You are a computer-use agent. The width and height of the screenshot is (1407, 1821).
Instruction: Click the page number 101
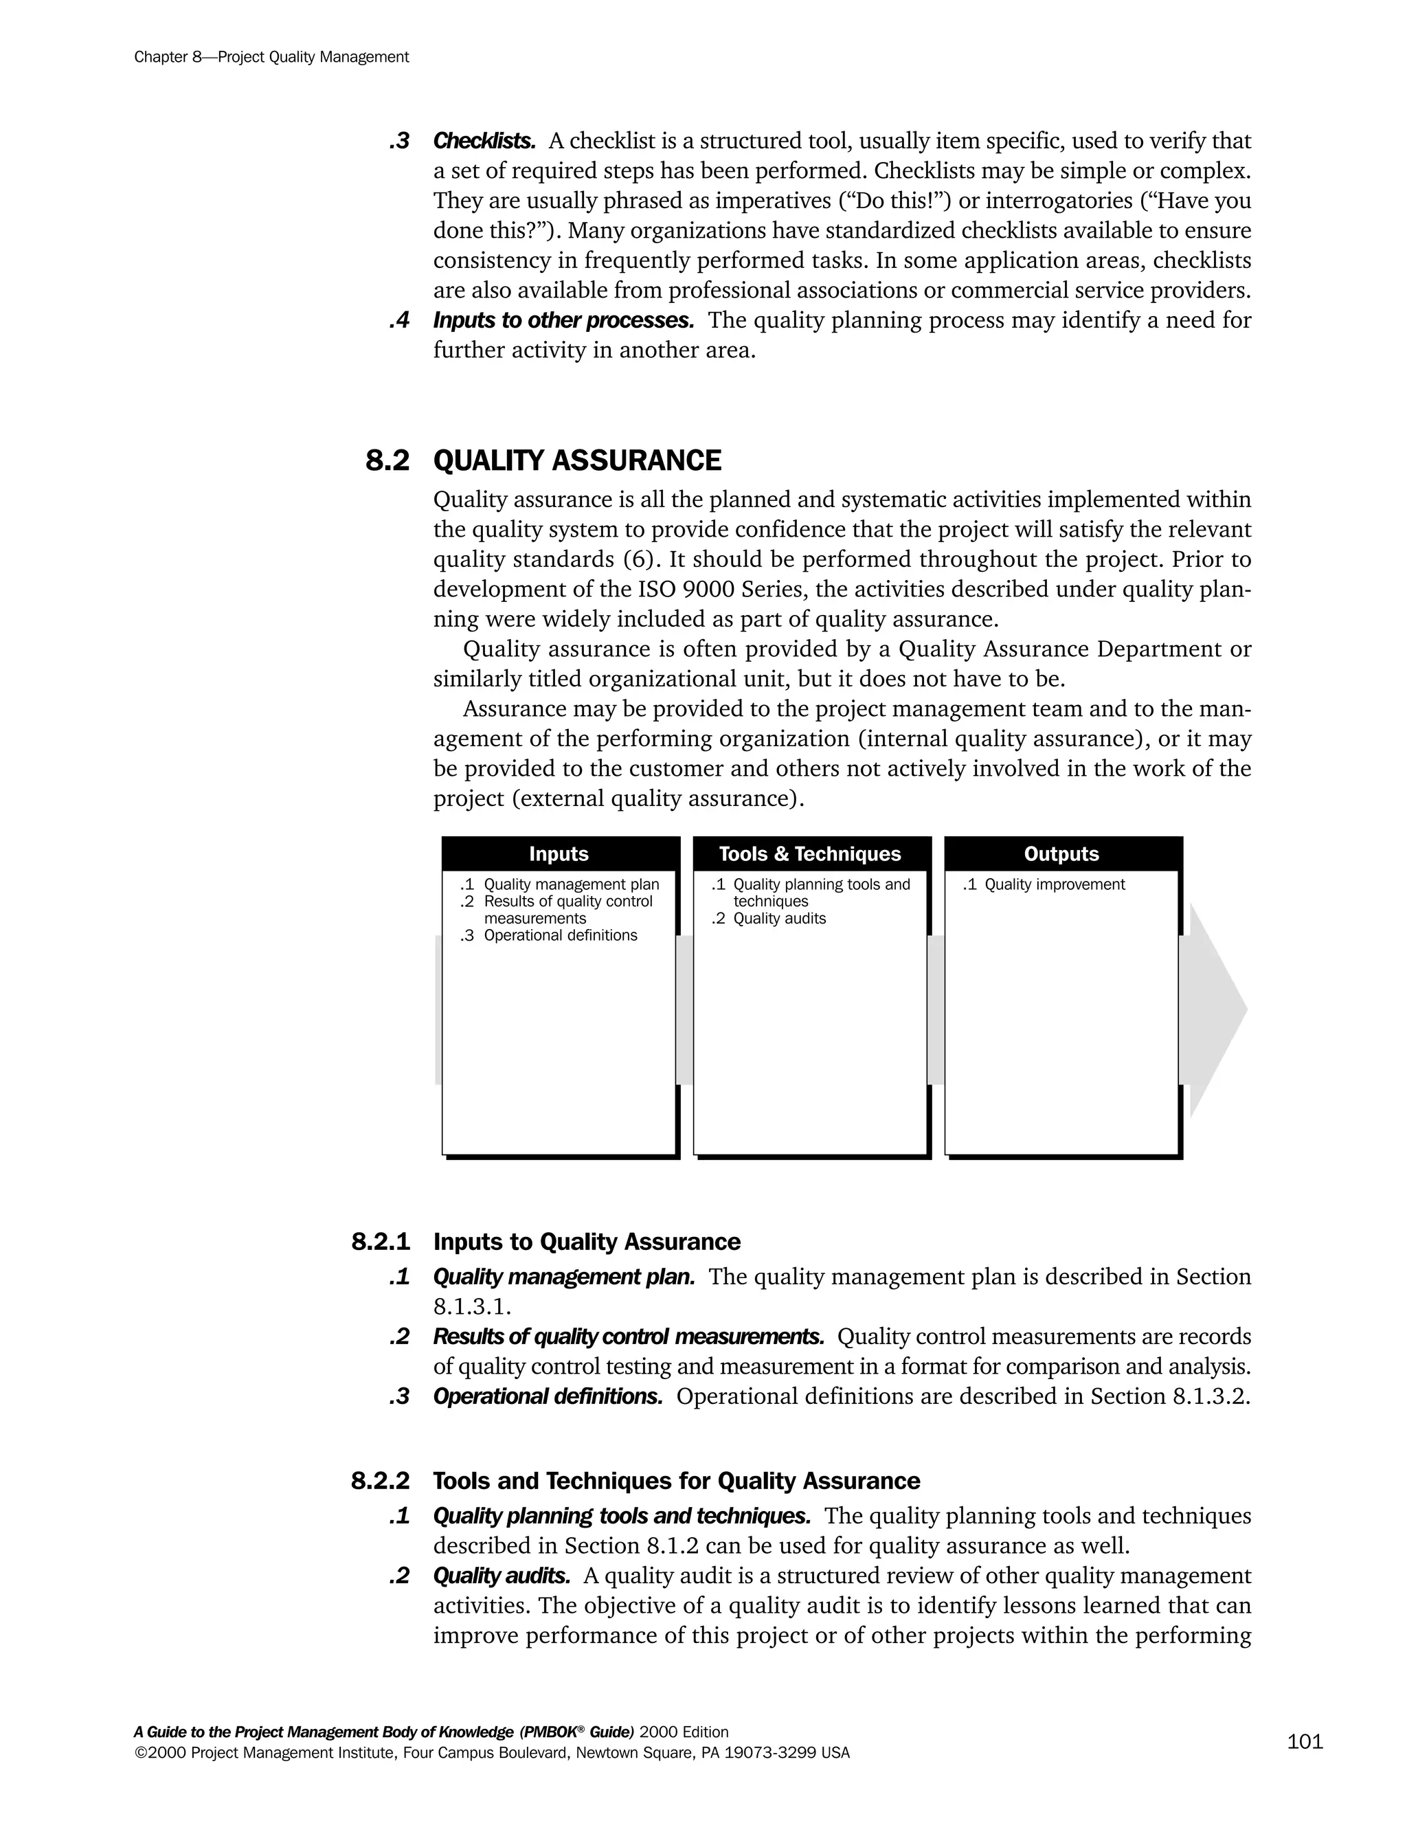click(x=1305, y=1741)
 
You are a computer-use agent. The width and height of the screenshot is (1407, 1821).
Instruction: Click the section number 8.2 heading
click(x=387, y=460)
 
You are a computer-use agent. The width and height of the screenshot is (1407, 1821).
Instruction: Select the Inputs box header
click(x=559, y=853)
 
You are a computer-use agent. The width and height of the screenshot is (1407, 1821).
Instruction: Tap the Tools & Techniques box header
click(x=809, y=853)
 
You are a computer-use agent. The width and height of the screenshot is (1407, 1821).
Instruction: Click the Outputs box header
click(x=1061, y=853)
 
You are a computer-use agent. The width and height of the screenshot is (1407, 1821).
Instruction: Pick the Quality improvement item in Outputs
click(x=1054, y=884)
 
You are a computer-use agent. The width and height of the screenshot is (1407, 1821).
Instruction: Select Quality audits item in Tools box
click(x=778, y=919)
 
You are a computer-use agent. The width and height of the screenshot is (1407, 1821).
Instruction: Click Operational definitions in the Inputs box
click(x=559, y=935)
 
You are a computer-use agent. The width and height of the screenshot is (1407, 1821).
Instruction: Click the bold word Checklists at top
click(x=484, y=141)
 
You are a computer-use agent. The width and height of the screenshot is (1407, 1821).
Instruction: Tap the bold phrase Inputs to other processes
click(x=563, y=320)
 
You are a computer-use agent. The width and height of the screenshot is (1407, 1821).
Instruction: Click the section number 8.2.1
click(x=381, y=1242)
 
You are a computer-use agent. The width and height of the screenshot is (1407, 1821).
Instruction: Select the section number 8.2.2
click(x=381, y=1482)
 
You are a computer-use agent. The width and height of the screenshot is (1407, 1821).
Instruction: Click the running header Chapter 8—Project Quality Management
click(x=271, y=57)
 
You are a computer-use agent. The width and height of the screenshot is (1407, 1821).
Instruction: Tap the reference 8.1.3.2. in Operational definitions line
click(x=1211, y=1396)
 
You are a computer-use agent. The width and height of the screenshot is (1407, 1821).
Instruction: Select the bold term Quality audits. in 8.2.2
click(x=502, y=1576)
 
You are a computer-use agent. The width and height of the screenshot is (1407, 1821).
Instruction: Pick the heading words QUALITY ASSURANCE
click(x=577, y=460)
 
